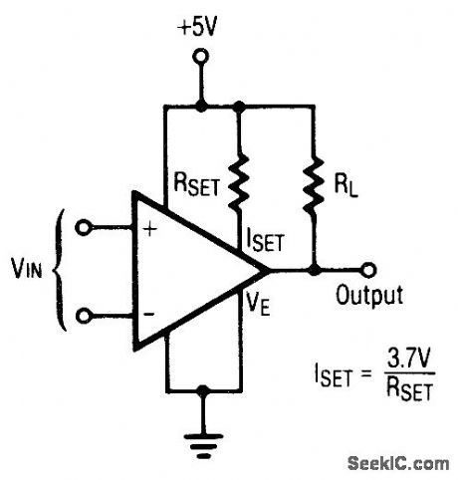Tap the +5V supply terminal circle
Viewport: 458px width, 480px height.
[x=201, y=60]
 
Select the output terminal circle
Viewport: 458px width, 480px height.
[x=368, y=269]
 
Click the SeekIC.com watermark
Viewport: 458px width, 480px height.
[x=398, y=461]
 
